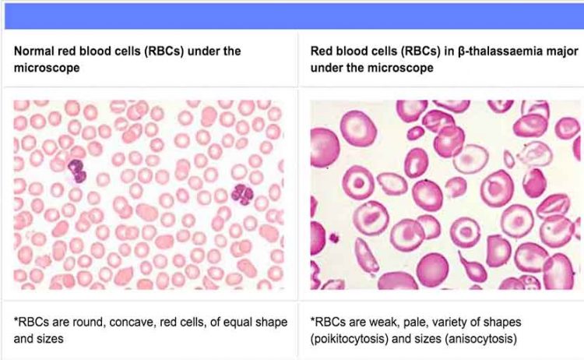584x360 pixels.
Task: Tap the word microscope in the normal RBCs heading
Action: point(47,68)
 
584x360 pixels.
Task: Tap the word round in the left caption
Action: point(90,322)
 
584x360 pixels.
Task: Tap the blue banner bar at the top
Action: point(294,16)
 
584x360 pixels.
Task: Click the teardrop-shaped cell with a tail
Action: point(472,268)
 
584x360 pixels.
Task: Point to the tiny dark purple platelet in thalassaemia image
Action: point(334,238)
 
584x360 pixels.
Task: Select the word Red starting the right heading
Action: point(321,51)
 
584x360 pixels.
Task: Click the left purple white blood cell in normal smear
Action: point(77,171)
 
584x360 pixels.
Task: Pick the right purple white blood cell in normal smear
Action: point(242,195)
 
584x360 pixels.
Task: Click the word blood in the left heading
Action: point(98,51)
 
